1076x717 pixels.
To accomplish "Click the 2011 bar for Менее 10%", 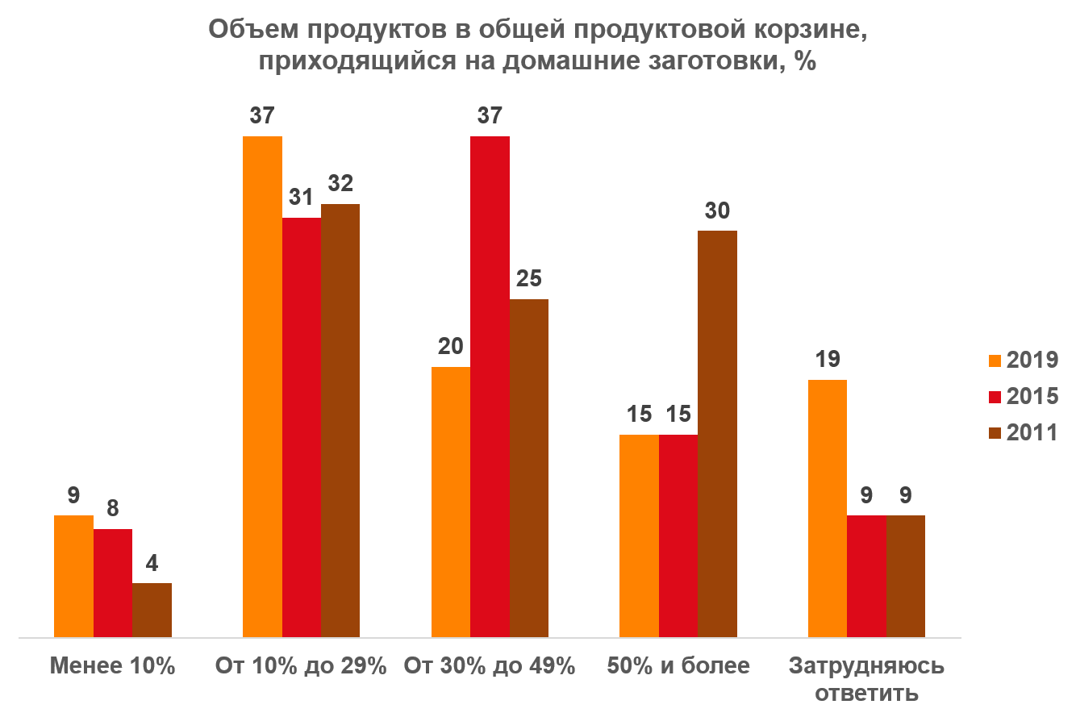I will [x=152, y=610].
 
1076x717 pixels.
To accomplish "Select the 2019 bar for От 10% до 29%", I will [x=262, y=387].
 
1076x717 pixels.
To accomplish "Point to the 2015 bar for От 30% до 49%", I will [x=490, y=387].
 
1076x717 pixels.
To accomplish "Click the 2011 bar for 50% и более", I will [x=717, y=434].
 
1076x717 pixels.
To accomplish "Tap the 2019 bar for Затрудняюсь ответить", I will [x=827, y=508].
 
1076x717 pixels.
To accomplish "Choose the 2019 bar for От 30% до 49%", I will [x=451, y=502].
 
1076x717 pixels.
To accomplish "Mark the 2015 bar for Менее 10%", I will [x=113, y=583].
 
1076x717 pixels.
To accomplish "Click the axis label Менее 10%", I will [x=112, y=666].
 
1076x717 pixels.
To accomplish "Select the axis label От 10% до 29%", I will [x=301, y=666].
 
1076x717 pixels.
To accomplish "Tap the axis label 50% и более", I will [x=678, y=666].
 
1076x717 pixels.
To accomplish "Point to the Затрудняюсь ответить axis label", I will [x=866, y=679].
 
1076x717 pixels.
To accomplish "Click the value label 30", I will [x=717, y=211].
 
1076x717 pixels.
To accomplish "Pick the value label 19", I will [x=827, y=360].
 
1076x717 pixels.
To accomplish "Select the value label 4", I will [x=152, y=563].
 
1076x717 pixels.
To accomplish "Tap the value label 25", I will [x=529, y=279].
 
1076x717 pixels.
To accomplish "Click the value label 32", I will [x=340, y=184].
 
